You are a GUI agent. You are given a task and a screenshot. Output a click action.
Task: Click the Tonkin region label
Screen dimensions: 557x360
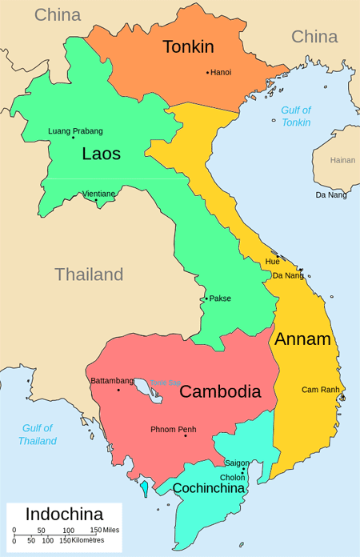tap(188, 47)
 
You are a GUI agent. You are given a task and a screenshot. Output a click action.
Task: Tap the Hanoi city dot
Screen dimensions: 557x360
tap(207, 73)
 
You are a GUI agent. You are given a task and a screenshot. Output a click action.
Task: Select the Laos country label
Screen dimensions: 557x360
tap(101, 154)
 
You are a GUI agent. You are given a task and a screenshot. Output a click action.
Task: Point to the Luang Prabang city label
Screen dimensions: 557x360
tap(75, 131)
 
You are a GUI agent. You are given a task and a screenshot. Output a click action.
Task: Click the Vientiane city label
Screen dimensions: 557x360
tap(98, 194)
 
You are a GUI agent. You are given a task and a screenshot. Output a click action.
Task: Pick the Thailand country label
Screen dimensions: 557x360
tap(89, 274)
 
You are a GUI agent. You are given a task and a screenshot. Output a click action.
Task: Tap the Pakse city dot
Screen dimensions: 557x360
tap(206, 299)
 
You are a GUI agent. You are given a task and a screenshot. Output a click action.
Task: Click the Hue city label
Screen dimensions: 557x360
tap(272, 262)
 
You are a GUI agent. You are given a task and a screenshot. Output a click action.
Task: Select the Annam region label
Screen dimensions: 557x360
tap(302, 339)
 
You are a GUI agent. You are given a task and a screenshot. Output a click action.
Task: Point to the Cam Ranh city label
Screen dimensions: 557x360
tap(320, 390)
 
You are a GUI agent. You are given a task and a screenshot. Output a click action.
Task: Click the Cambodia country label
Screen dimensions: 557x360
tap(220, 391)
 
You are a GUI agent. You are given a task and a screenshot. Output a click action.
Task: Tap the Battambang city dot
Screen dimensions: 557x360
tap(118, 390)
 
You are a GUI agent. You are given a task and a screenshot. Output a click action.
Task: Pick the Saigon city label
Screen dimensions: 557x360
tap(237, 463)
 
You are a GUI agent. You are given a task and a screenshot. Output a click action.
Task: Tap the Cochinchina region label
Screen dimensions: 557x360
tap(207, 487)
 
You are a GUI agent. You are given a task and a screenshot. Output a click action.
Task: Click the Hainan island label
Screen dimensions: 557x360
tap(342, 160)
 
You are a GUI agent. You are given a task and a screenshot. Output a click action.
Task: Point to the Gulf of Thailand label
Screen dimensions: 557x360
tap(38, 435)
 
